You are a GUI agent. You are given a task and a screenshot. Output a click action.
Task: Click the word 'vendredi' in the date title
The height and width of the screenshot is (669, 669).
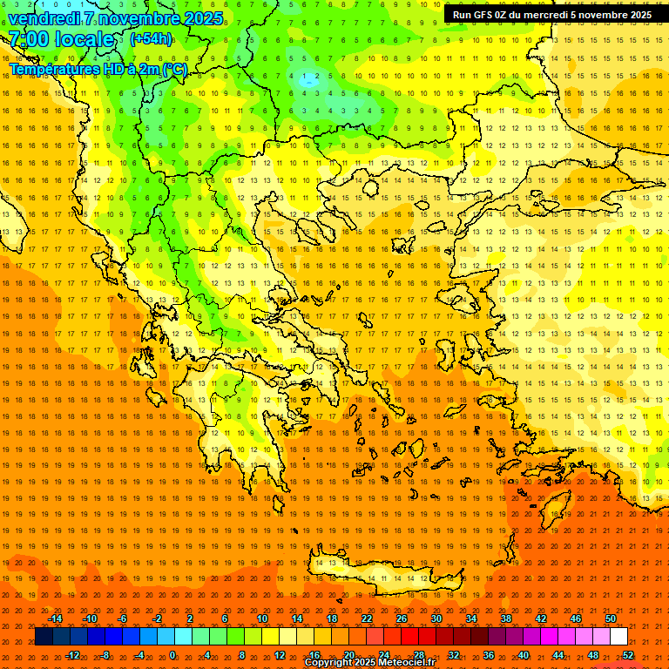[43, 18]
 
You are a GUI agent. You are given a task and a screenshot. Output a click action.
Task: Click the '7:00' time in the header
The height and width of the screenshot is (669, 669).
[28, 39]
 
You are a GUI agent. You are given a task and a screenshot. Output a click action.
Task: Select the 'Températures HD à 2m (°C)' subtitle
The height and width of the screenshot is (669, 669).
[98, 69]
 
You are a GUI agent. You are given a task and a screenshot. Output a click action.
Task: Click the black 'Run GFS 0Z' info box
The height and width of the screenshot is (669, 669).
[551, 15]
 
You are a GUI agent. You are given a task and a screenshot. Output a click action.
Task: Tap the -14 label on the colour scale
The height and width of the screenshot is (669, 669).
[55, 618]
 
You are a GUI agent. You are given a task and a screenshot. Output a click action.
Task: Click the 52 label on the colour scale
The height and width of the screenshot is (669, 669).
[628, 655]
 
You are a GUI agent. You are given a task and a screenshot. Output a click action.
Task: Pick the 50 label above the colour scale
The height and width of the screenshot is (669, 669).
[611, 618]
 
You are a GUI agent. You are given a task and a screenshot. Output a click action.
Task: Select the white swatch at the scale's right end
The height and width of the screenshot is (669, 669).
[618, 637]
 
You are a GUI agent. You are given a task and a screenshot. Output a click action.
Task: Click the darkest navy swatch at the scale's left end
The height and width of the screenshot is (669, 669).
[44, 637]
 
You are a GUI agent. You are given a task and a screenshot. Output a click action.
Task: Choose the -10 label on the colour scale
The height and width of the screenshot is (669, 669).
[90, 618]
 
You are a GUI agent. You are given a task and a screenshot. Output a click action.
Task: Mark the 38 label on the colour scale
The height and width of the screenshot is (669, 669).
[505, 618]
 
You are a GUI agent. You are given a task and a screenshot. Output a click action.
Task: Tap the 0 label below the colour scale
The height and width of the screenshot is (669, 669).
[172, 655]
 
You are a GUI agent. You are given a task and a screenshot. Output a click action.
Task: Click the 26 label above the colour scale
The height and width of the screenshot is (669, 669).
[402, 618]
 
